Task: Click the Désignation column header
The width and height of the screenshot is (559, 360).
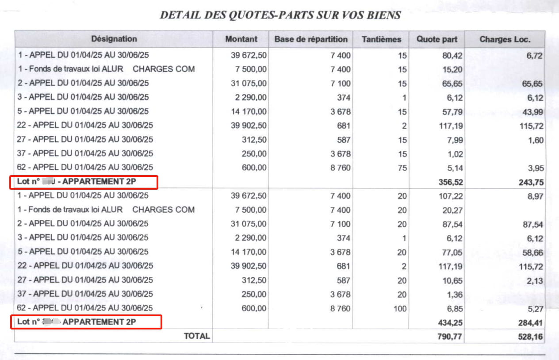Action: [114, 39]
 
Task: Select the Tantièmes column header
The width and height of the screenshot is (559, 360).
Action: [381, 39]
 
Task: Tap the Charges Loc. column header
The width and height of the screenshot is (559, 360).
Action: [505, 39]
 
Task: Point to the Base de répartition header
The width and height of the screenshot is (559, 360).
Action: [311, 39]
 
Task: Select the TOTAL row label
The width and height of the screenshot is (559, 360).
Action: [197, 336]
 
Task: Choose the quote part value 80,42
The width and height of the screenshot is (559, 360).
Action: [453, 55]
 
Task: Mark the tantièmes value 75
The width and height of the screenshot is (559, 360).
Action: [402, 168]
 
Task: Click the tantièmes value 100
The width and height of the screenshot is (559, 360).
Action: [399, 309]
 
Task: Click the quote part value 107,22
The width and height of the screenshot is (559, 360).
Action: [451, 196]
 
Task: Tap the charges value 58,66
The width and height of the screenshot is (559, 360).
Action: [532, 253]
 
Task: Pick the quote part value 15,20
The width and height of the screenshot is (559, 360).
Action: [453, 69]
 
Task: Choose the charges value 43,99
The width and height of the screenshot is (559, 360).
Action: [532, 112]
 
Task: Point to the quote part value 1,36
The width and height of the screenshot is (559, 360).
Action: [455, 295]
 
